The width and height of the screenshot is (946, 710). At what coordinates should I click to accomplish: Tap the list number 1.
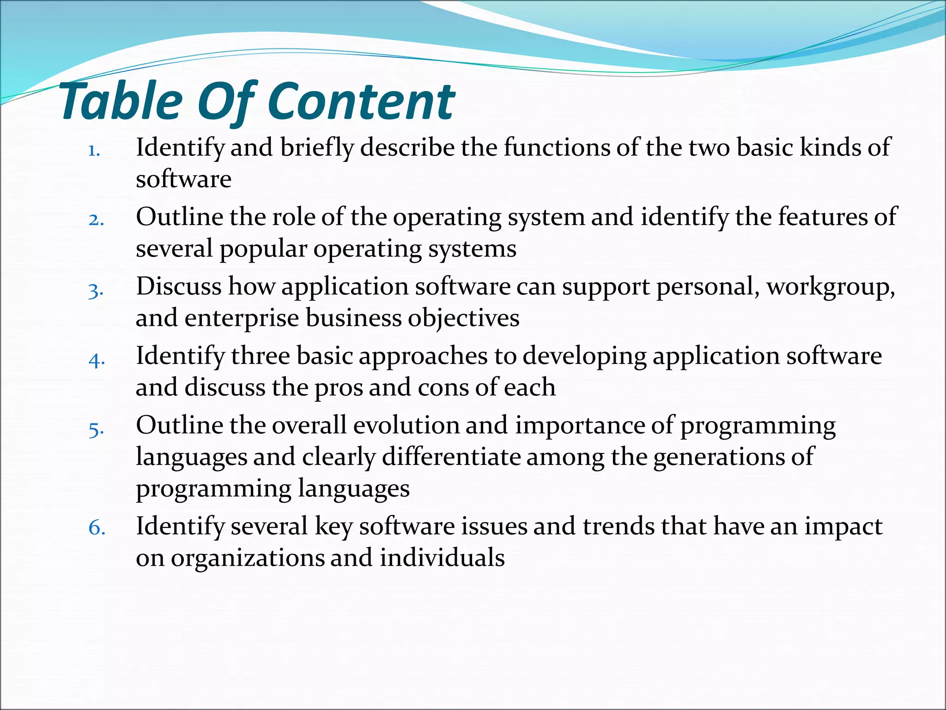pos(94,151)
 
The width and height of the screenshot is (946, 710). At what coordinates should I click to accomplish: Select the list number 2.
pos(96,220)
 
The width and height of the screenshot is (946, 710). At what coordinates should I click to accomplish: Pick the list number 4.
pos(97,360)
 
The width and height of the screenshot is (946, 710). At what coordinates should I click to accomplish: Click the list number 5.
pos(96,430)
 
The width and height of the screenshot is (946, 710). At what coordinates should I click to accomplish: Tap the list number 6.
pos(97,528)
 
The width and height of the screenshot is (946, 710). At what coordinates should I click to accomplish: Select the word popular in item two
pos(263,250)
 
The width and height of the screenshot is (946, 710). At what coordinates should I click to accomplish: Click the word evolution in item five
pos(406,425)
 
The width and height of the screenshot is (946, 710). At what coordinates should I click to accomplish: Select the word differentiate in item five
pos(451,457)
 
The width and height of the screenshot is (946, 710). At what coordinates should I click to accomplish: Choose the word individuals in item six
pos(442,558)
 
